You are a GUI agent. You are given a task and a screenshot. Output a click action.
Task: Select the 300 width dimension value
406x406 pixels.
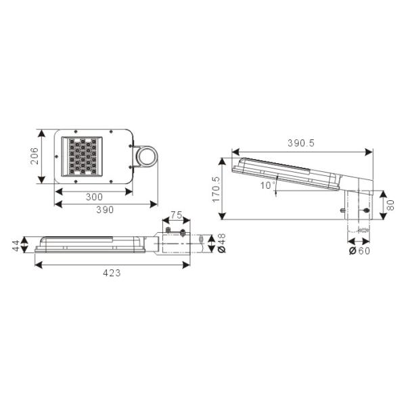[95, 197]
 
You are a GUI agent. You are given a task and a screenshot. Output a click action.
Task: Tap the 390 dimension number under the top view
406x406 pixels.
[104, 210]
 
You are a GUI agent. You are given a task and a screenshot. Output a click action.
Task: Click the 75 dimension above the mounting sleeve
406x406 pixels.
[175, 215]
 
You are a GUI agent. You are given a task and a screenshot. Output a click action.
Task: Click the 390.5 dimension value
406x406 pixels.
[302, 143]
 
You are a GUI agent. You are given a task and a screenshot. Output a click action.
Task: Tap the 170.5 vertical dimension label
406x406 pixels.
[216, 190]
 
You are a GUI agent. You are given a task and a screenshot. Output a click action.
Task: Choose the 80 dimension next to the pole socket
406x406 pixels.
[390, 204]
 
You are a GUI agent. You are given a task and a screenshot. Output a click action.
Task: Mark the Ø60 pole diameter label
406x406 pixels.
[359, 251]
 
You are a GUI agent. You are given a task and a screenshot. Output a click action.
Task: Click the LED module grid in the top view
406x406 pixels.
[82, 156]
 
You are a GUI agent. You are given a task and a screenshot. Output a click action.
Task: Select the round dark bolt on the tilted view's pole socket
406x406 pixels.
[366, 212]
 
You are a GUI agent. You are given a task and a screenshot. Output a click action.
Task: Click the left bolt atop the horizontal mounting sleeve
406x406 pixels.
[168, 231]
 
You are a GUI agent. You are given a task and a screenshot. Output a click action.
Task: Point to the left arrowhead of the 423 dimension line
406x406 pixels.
[37, 264]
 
